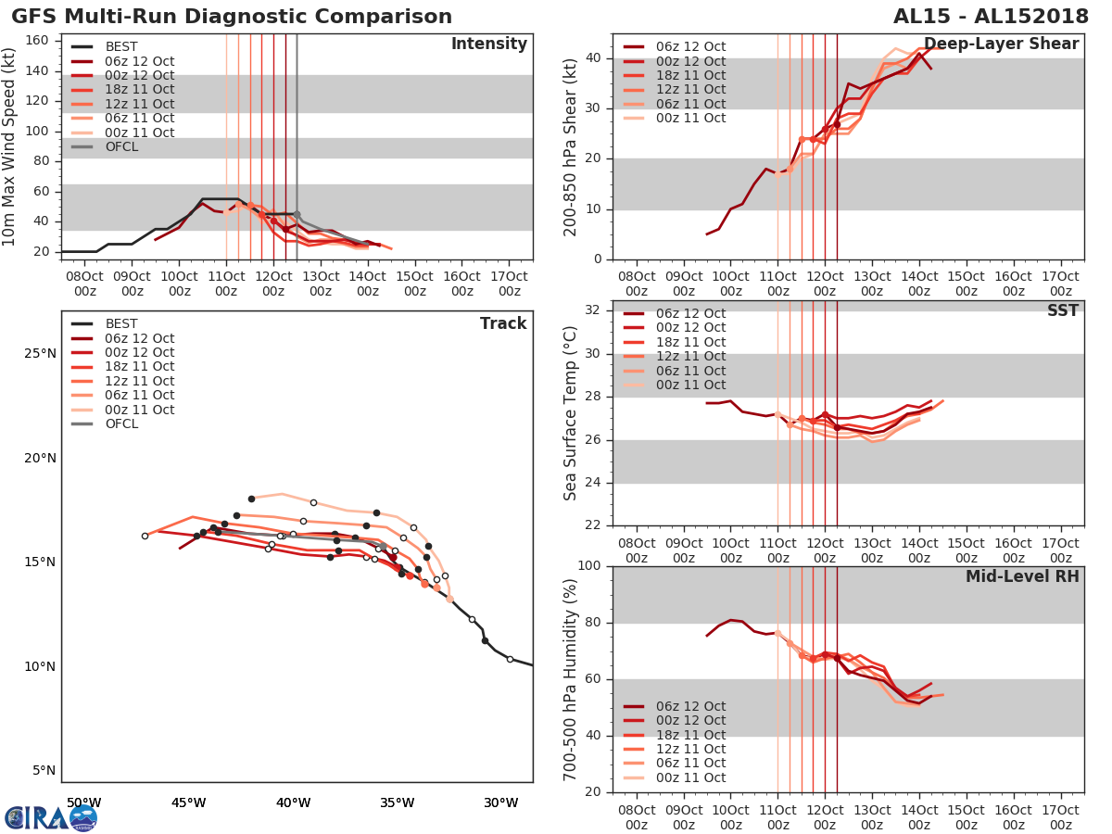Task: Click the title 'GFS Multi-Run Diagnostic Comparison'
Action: [x=232, y=17]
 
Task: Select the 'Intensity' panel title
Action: [x=488, y=44]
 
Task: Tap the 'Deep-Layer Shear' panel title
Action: [x=1001, y=44]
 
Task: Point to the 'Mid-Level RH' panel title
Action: [x=1022, y=577]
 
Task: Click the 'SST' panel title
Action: [x=1062, y=311]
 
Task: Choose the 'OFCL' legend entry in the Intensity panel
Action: [x=121, y=146]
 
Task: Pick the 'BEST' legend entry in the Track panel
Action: [x=121, y=324]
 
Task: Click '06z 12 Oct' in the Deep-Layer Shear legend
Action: [x=691, y=47]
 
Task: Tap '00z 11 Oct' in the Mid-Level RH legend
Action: [x=691, y=777]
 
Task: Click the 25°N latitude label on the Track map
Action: [x=39, y=353]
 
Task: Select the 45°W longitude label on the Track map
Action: [x=188, y=802]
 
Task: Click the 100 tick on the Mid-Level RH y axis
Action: [x=593, y=566]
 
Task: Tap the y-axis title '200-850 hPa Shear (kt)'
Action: [x=572, y=146]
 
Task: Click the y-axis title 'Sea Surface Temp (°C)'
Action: [x=572, y=413]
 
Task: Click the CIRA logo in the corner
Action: [x=50, y=817]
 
